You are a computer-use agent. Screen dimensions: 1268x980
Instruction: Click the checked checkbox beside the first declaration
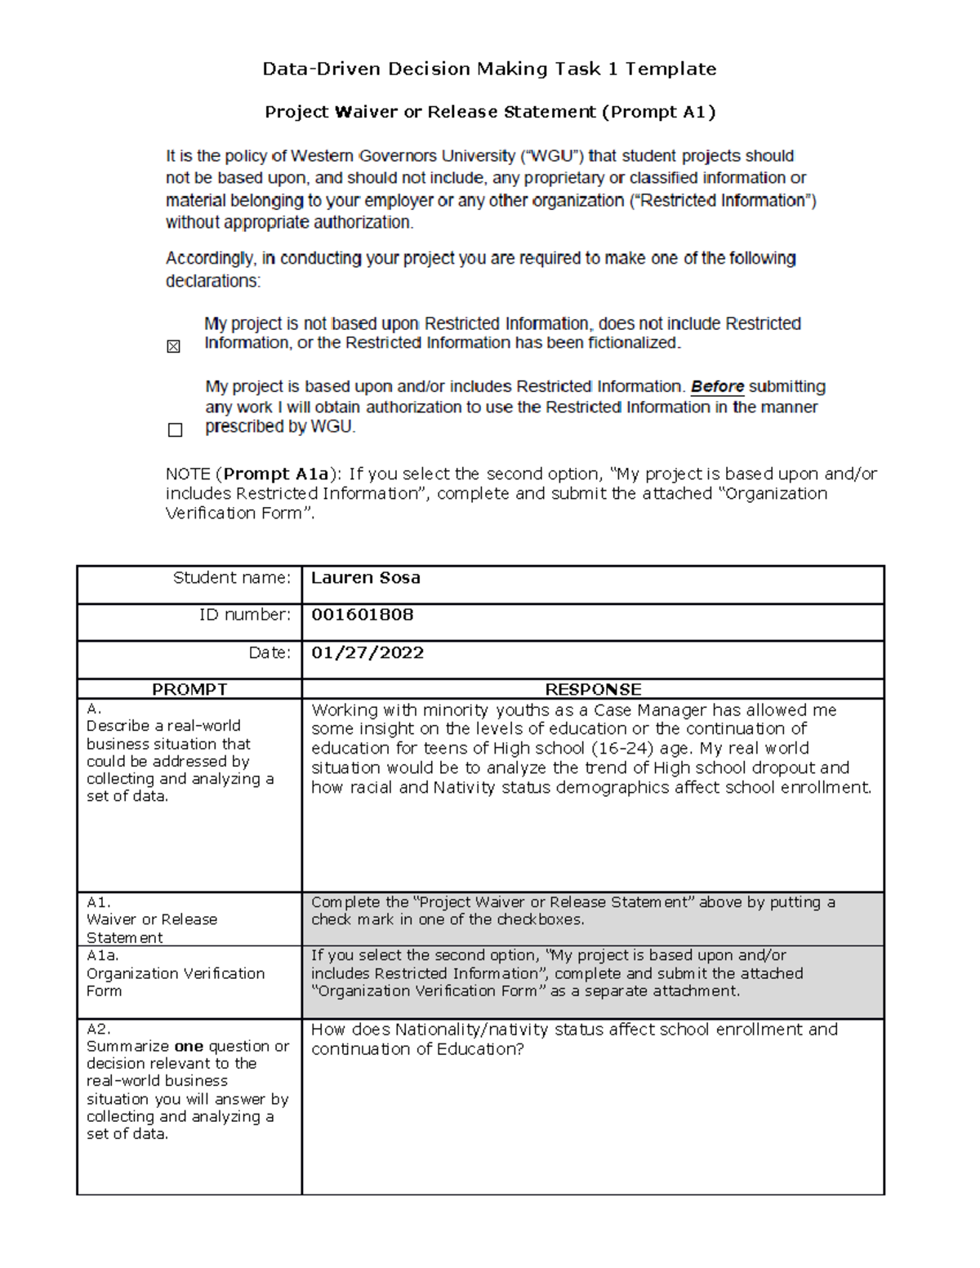(x=173, y=347)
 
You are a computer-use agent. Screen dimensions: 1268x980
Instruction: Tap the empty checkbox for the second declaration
(x=175, y=430)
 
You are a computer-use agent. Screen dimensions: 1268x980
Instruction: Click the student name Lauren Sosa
(x=365, y=578)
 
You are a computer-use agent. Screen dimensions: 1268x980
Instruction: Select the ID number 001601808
(x=362, y=615)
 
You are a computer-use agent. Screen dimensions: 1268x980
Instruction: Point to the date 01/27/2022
(x=367, y=652)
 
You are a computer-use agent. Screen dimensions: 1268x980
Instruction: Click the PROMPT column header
(x=189, y=689)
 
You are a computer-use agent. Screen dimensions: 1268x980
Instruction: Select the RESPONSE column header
(x=593, y=689)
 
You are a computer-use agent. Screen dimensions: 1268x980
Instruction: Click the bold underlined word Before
(x=717, y=387)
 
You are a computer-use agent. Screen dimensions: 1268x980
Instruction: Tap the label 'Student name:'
(x=231, y=578)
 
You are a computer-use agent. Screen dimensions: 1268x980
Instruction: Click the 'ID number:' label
(x=244, y=615)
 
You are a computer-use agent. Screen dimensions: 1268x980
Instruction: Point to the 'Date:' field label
(x=269, y=652)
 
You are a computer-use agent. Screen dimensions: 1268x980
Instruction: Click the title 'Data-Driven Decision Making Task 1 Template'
(x=489, y=69)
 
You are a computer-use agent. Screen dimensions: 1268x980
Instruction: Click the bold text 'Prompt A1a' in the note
(x=276, y=474)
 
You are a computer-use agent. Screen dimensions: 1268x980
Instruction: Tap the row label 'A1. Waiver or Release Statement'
(x=151, y=919)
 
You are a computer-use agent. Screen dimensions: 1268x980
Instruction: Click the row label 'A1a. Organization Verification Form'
(x=175, y=973)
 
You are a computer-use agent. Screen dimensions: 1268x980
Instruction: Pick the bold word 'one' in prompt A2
(x=189, y=1046)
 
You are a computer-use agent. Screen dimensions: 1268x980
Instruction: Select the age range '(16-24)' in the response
(x=622, y=749)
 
